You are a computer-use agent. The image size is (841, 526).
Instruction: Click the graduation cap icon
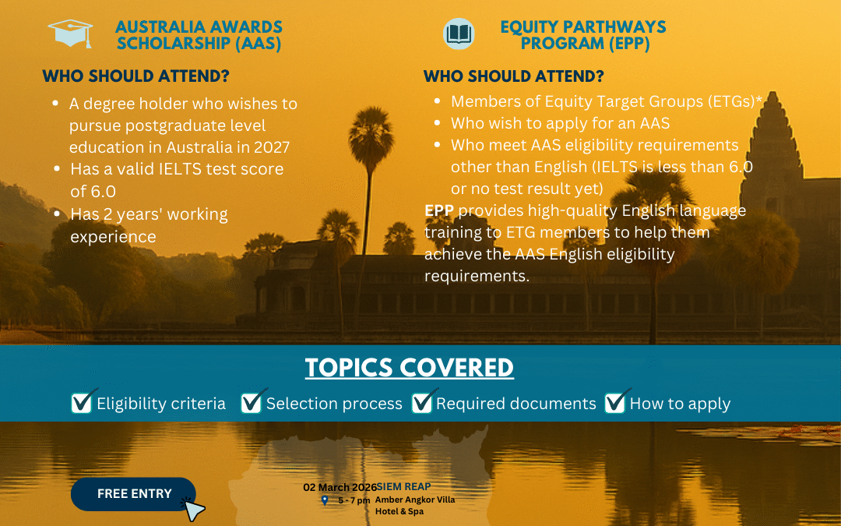pos(70,33)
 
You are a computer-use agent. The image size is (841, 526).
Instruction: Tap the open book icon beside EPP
pos(459,34)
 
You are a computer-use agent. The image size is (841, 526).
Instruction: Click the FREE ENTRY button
pos(133,494)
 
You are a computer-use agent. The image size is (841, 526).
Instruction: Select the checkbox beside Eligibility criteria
pos(82,402)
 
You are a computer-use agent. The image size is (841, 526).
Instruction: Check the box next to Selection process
pos(252,402)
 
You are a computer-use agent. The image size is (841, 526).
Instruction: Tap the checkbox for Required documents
pos(422,402)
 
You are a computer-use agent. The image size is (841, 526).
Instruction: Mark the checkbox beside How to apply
pos(615,402)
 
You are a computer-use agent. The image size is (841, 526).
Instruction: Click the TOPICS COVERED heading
pos(409,368)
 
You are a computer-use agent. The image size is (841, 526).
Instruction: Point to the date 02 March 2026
pos(340,488)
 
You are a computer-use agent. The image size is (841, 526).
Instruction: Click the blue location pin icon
pos(325,500)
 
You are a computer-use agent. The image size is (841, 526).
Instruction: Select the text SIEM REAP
pos(403,487)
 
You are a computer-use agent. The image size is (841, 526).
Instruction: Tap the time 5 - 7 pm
pos(354,500)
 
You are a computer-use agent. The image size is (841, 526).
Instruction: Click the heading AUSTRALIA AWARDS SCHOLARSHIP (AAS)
pos(199,36)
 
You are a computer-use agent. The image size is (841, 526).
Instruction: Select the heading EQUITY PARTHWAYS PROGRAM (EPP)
pos(582,36)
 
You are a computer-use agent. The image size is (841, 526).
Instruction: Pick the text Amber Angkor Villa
pos(414,500)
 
